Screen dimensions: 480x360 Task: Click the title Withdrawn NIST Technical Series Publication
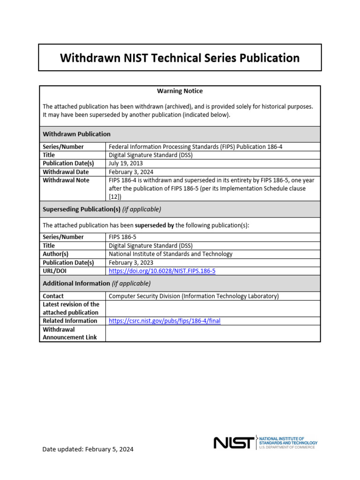180,58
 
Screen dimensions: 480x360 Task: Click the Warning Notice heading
180,91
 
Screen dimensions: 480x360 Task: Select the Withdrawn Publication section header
76,134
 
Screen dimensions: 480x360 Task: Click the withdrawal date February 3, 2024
131,172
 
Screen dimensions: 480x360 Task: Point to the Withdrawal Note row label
66,180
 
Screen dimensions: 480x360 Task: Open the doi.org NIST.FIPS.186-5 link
162,271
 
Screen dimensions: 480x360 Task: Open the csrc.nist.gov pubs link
164,321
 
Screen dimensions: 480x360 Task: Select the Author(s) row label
56,254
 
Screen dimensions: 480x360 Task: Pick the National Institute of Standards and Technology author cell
170,254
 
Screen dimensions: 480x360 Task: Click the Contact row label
53,296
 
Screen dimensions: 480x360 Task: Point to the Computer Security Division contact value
194,296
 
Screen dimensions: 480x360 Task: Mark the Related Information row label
70,321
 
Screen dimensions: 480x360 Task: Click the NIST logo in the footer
234,442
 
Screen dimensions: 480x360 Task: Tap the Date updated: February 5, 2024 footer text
88,449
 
